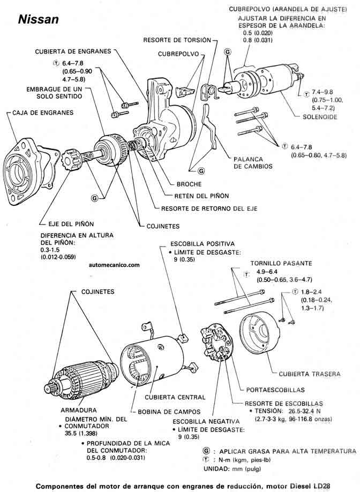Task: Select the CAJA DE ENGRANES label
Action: tap(40, 113)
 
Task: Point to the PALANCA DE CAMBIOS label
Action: tap(252, 162)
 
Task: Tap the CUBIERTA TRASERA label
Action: tap(309, 373)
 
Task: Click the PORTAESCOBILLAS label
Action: tap(275, 390)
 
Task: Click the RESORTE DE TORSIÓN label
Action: tap(176, 40)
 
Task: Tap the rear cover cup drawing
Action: tap(261, 337)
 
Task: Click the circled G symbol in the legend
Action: tap(207, 450)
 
